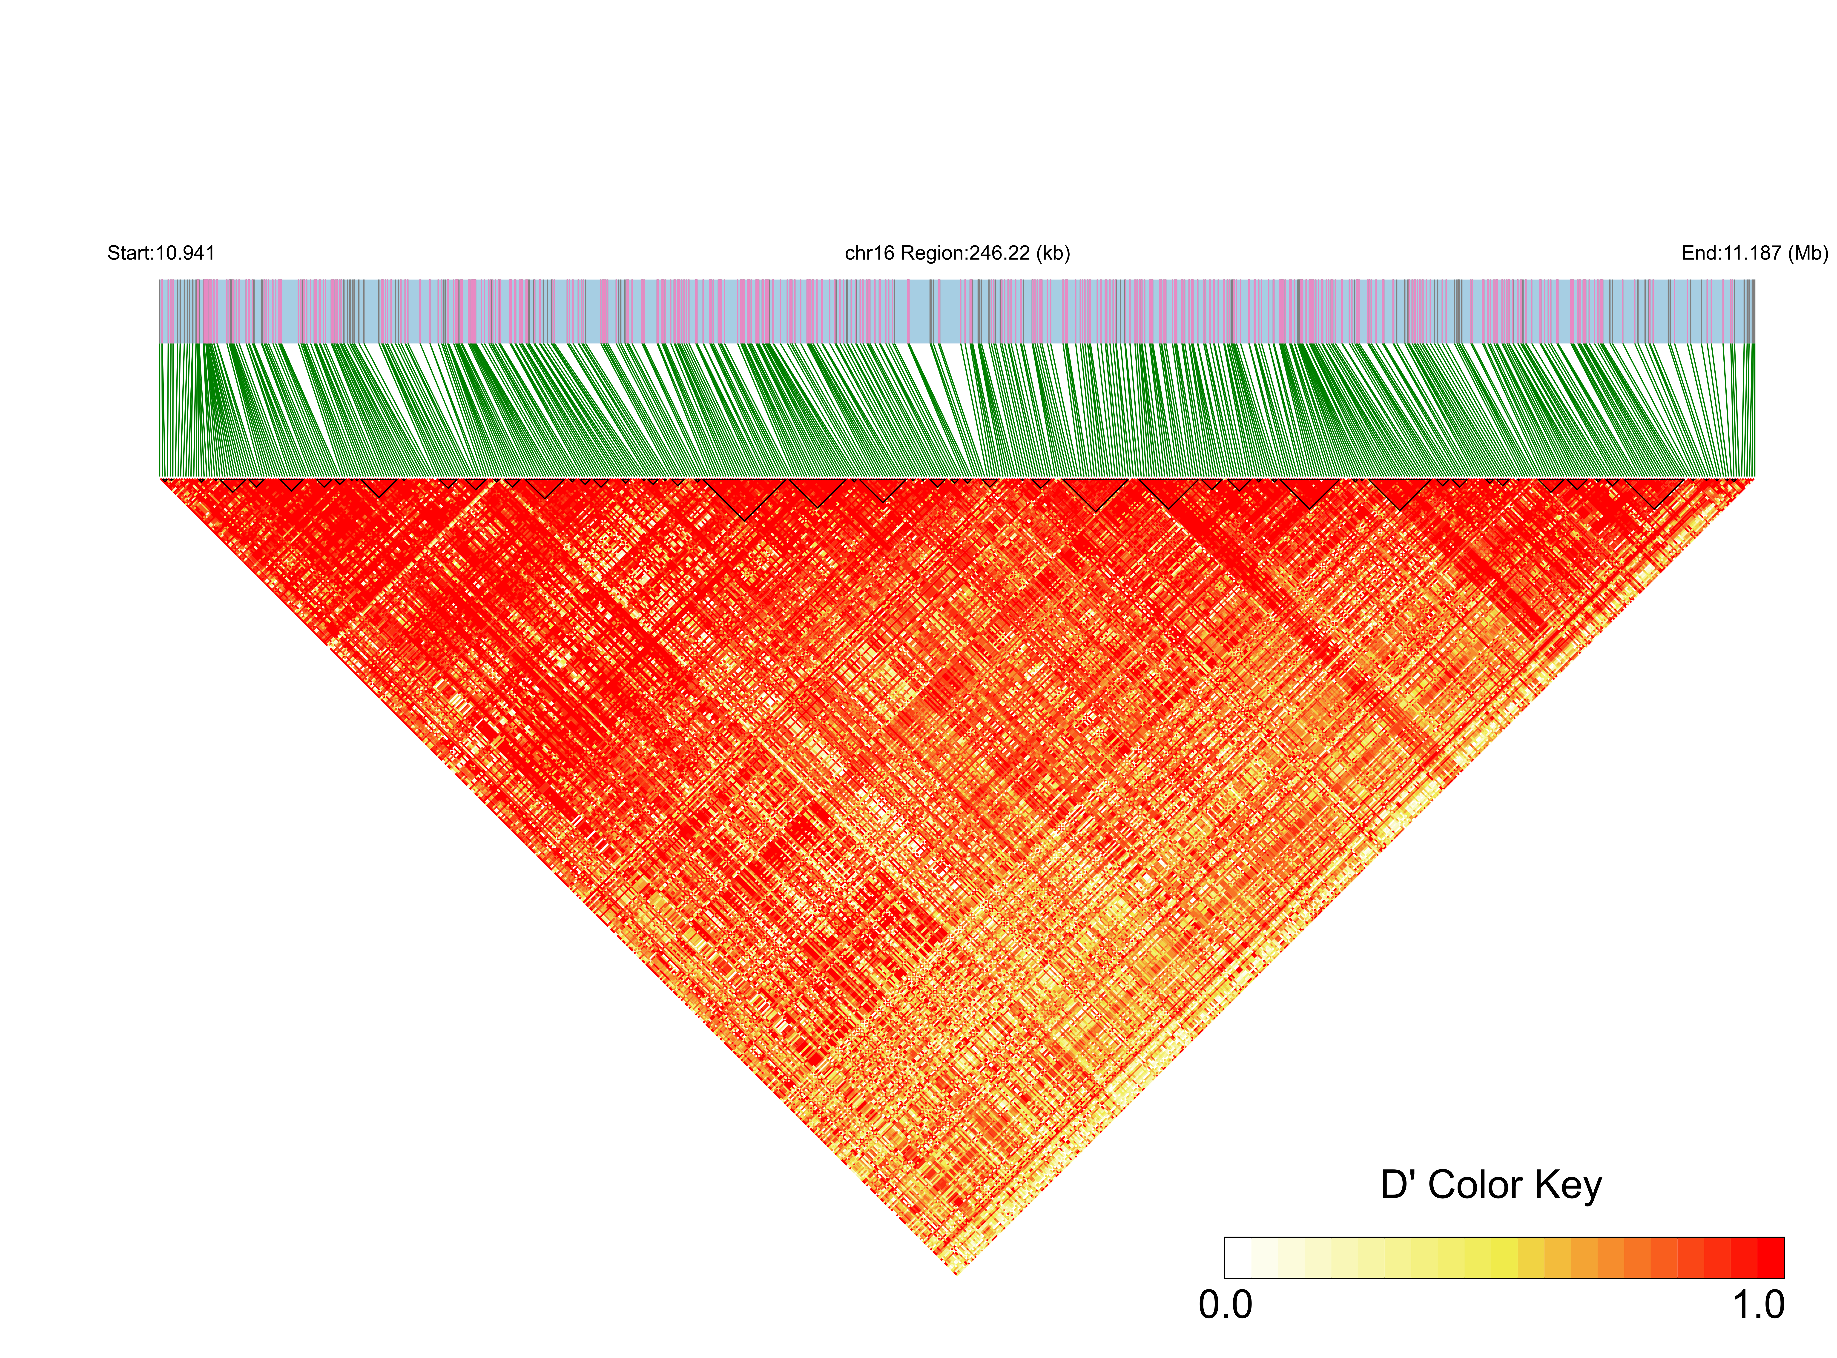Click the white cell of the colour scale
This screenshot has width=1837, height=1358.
pos(1238,1258)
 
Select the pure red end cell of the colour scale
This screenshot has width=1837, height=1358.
pos(1771,1258)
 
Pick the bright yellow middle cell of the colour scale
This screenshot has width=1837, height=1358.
pos(1504,1258)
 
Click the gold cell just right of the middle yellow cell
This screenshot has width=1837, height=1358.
pos(1530,1258)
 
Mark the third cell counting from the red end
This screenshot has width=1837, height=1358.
pos(1717,1258)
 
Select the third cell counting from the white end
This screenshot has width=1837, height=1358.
pos(1291,1258)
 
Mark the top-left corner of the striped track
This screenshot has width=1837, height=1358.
pos(159,280)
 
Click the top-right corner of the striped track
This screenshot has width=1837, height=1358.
pos(1755,280)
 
